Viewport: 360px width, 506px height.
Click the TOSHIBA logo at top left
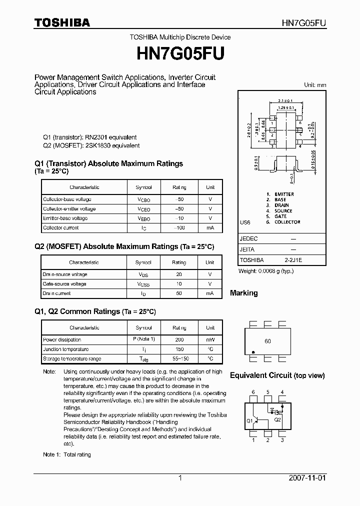[62, 22]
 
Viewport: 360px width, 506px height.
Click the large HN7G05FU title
[180, 53]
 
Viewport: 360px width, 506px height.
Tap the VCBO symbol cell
[143, 199]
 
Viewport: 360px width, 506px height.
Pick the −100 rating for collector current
[179, 227]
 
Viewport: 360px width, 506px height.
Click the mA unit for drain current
[210, 293]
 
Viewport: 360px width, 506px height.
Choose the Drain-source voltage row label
[65, 274]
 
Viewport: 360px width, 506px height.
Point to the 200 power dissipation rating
[179, 339]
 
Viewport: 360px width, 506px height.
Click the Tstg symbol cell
[143, 358]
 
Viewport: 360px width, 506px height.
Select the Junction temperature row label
[65, 349]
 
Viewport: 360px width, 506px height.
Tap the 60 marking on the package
[267, 341]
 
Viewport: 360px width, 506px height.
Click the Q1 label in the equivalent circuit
[249, 420]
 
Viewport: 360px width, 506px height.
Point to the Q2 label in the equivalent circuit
[278, 419]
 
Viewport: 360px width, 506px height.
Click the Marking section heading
[243, 293]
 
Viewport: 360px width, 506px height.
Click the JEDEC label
[248, 239]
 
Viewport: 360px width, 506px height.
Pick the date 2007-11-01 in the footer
[307, 478]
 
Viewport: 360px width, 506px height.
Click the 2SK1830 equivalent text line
[91, 145]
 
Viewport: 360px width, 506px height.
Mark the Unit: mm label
[315, 85]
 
